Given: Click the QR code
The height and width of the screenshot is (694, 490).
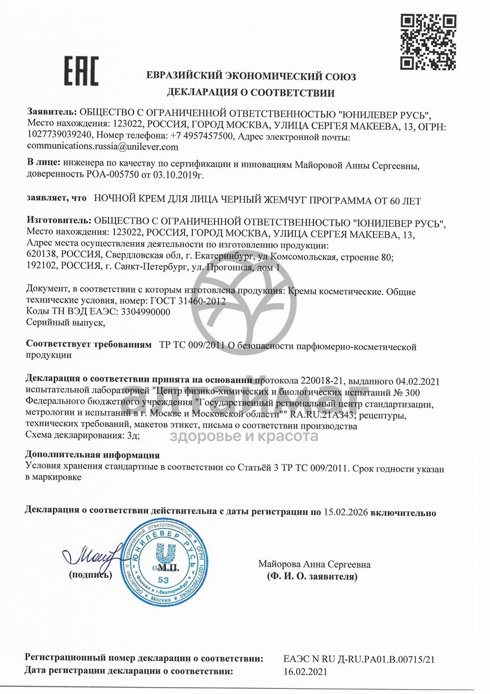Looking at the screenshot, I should pyautogui.click(x=428, y=42).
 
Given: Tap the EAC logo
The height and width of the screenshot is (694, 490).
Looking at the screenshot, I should pyautogui.click(x=82, y=71).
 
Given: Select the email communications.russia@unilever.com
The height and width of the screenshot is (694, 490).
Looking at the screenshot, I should pyautogui.click(x=103, y=147).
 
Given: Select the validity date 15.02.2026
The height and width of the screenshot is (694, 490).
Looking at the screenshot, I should pyautogui.click(x=345, y=512).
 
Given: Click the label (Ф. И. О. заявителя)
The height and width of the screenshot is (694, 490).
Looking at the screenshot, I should pyautogui.click(x=312, y=576).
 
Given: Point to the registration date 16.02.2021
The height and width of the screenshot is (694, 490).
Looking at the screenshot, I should pyautogui.click(x=305, y=672).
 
